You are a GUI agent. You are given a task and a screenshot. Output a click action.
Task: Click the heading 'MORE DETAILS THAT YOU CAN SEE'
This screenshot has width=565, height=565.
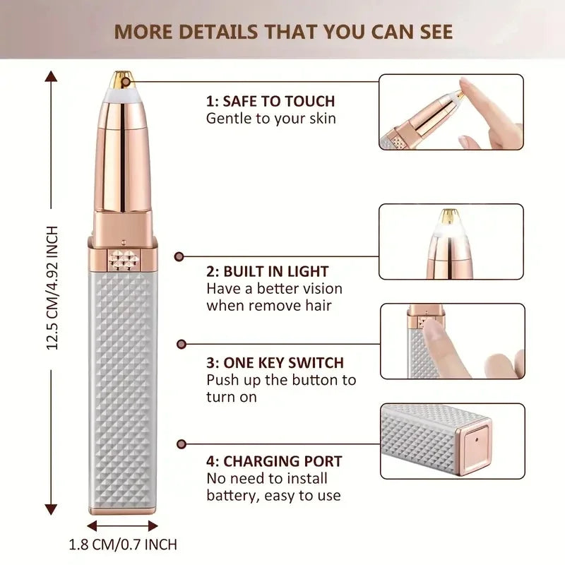click(283, 32)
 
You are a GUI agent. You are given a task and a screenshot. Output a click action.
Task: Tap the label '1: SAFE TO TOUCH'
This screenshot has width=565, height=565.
click(270, 101)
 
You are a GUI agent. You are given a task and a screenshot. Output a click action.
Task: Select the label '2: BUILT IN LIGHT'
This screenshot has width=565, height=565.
click(268, 271)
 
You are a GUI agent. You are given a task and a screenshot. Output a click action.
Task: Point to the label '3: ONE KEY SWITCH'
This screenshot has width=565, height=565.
click(275, 363)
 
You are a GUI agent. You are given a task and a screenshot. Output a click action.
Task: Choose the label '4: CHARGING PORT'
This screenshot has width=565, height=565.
click(274, 462)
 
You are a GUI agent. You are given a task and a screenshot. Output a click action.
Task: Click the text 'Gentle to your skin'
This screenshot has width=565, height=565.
click(271, 119)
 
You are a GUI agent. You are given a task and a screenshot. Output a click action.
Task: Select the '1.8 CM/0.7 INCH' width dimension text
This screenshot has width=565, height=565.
click(123, 545)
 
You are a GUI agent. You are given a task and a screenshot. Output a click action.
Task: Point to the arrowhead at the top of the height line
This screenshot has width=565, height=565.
click(52, 75)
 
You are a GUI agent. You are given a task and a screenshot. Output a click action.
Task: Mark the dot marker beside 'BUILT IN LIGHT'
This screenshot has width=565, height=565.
click(180, 258)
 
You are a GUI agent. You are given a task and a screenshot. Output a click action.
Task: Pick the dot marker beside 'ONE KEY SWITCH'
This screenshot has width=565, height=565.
click(180, 345)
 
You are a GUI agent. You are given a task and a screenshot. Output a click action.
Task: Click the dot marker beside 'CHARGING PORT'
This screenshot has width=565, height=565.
click(180, 444)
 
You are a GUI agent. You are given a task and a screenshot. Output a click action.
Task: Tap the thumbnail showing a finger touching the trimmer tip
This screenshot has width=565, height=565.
click(452, 112)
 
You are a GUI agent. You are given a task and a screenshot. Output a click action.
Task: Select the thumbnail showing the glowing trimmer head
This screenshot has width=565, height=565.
click(452, 242)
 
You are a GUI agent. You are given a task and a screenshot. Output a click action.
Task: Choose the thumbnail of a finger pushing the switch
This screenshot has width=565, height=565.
click(452, 341)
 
